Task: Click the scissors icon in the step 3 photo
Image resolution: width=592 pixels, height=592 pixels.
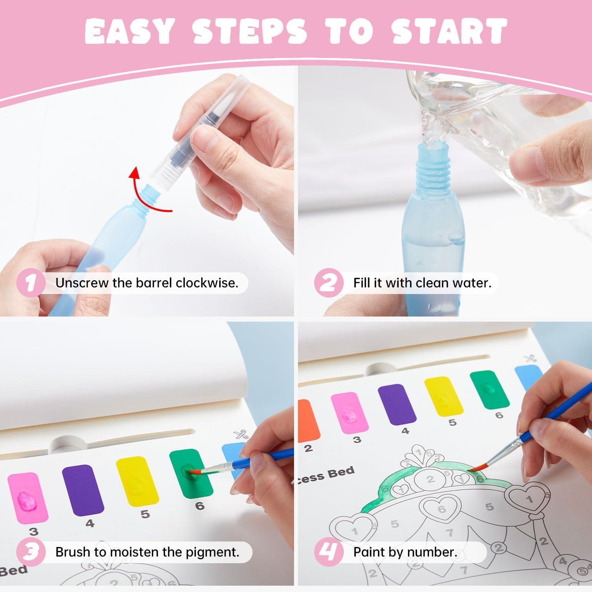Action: [240, 435]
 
